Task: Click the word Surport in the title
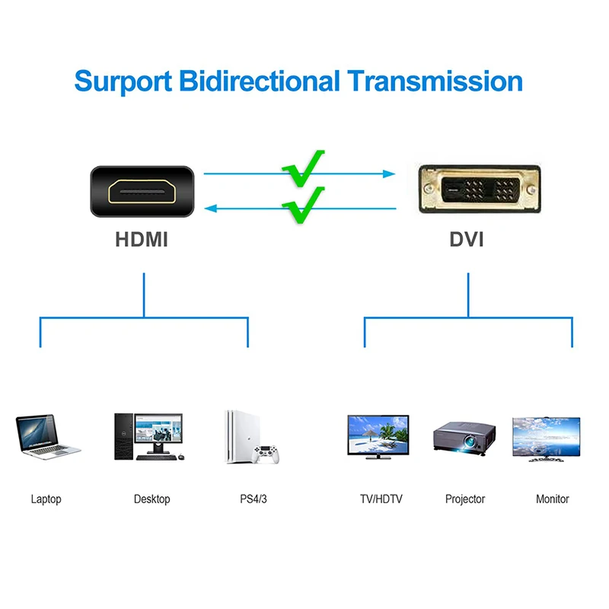pos(123,81)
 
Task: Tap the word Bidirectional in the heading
pos(260,81)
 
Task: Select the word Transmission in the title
pos(435,81)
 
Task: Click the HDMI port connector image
pos(142,191)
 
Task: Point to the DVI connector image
pos(480,189)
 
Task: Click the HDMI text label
pos(142,239)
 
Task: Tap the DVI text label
pos(467,239)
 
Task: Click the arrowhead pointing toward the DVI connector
pos(389,174)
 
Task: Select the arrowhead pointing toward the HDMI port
pos(211,209)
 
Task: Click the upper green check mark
pos(303,169)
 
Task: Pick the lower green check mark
pos(303,206)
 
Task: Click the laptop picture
pos(48,436)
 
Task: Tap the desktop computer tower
pos(124,436)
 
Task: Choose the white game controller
pos(266,454)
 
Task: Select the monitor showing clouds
pos(546,439)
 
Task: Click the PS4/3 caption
pos(253,499)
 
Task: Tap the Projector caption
pos(465,499)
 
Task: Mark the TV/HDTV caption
pos(381,499)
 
